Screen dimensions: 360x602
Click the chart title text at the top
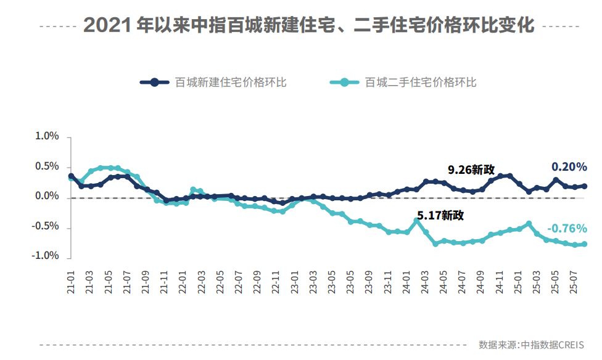[308, 25]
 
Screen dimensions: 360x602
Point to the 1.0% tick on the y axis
[47, 137]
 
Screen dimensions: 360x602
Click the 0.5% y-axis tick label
[47, 167]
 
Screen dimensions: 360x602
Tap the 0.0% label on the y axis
[47, 197]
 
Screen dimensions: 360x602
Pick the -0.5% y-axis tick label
[46, 226]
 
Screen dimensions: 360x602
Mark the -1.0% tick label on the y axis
[46, 256]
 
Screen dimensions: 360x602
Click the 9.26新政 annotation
[471, 170]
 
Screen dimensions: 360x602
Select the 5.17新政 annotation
[440, 216]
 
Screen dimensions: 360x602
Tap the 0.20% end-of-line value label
[569, 167]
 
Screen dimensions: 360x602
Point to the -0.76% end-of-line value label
[567, 228]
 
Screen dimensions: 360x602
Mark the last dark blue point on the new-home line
[584, 186]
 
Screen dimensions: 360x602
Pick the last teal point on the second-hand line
[584, 244]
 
